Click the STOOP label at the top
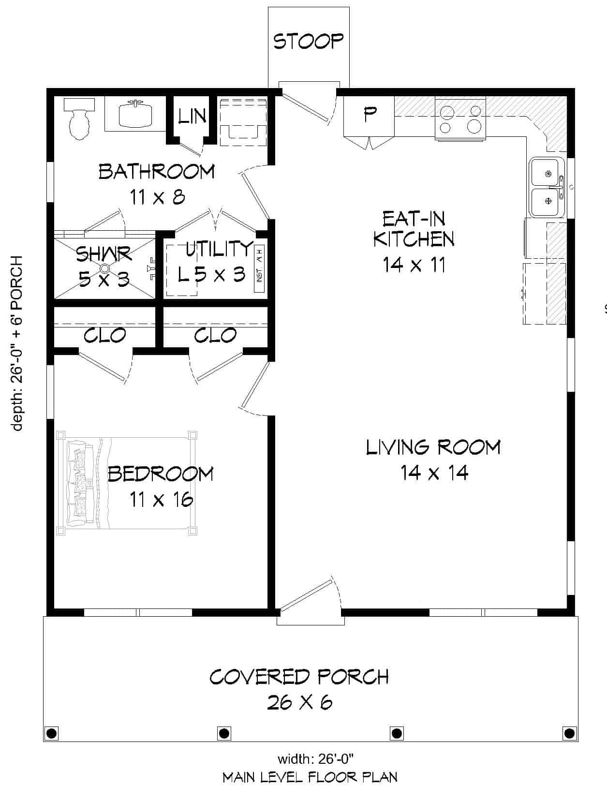click(308, 41)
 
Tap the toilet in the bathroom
click(79, 119)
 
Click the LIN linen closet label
click(192, 116)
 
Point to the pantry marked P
click(369, 115)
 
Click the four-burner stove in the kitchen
click(460, 119)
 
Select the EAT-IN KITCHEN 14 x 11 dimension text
click(415, 265)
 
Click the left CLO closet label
click(104, 335)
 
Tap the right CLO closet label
click(215, 335)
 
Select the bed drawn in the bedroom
click(127, 483)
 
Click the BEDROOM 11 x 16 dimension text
click(161, 500)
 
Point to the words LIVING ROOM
click(433, 447)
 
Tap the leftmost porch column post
click(51, 733)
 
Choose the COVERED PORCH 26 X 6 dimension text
click(299, 702)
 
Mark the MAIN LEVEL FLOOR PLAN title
click(310, 777)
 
